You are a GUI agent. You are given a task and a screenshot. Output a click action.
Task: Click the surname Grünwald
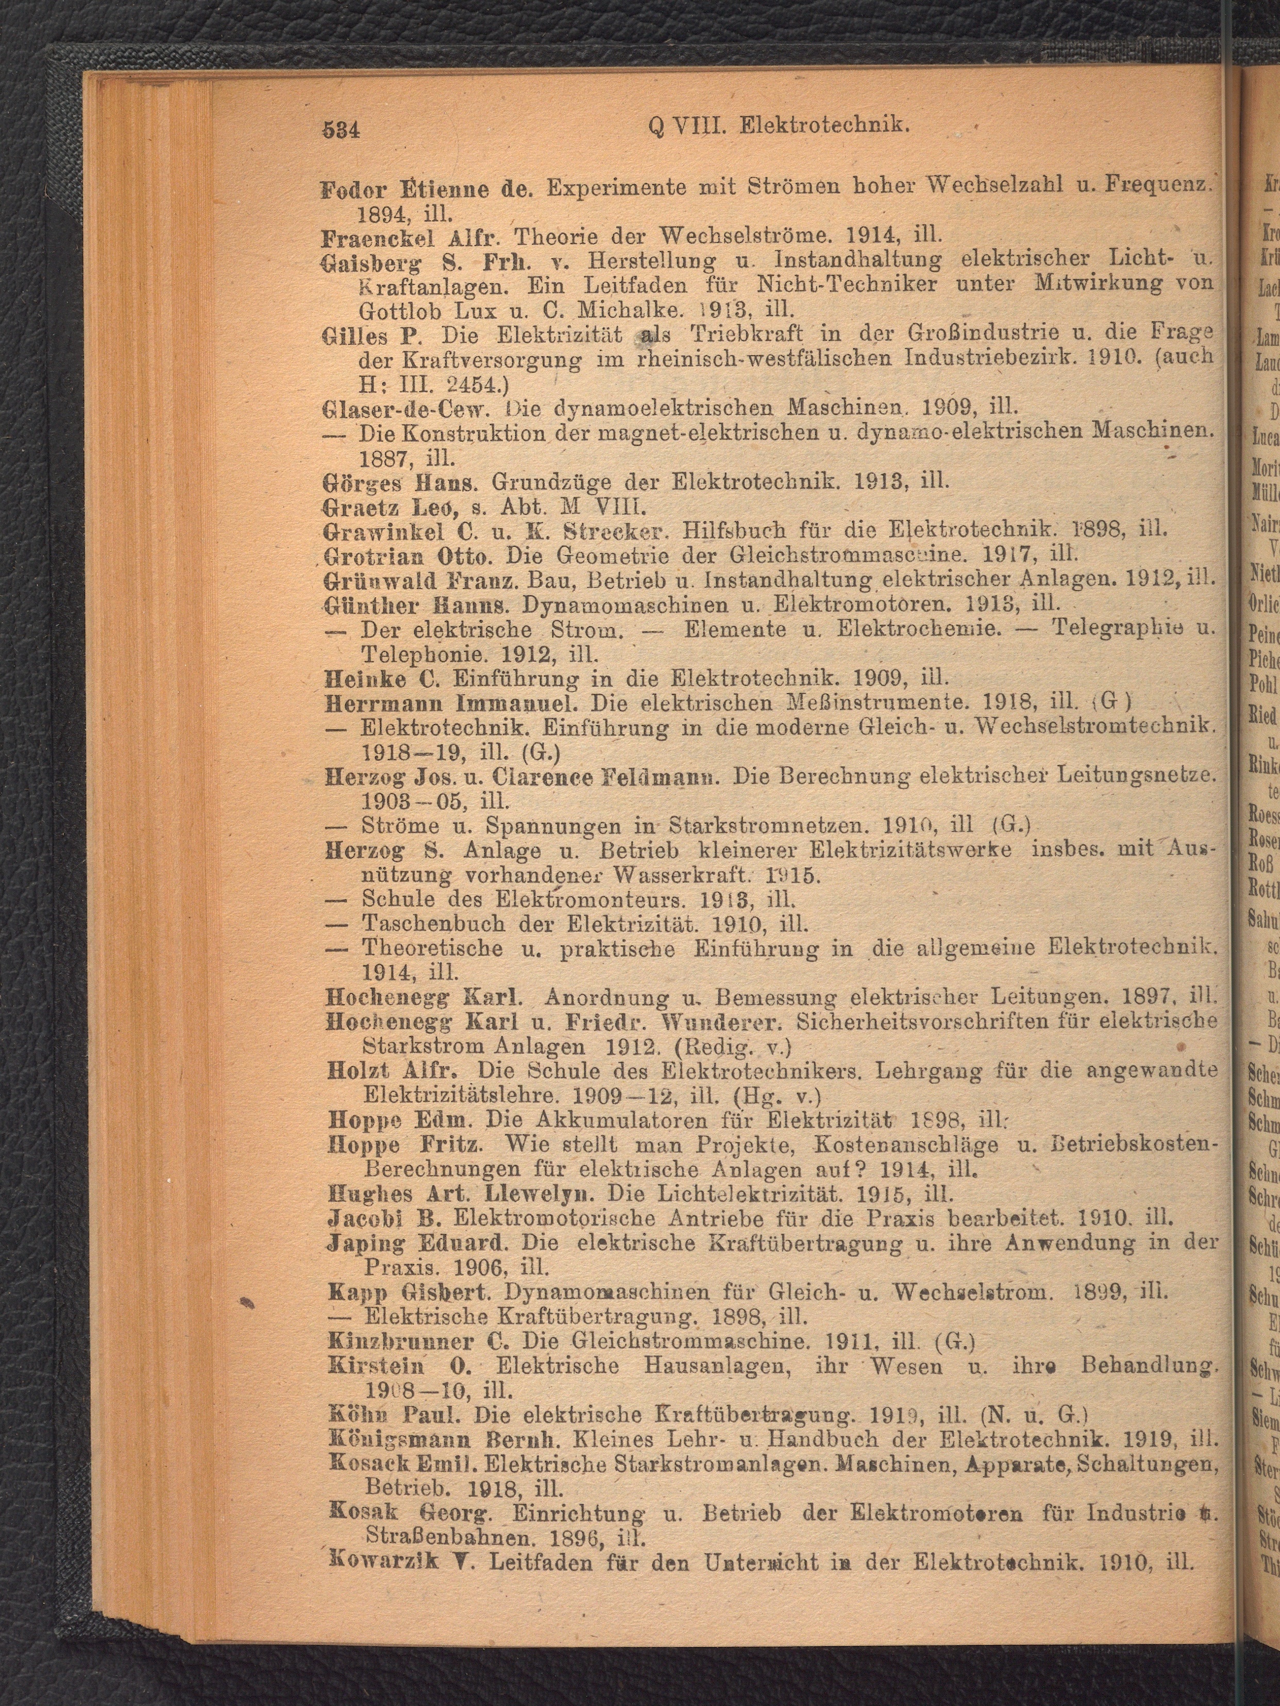[x=377, y=580]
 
